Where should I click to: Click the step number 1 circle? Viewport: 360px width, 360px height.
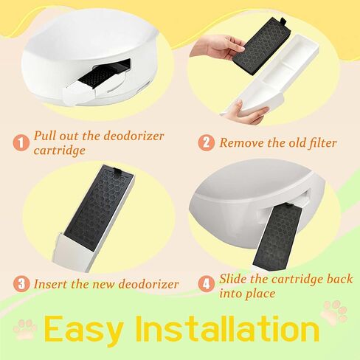(21, 142)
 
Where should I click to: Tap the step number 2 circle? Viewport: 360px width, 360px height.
(206, 142)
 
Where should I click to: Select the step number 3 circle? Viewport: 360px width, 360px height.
(21, 283)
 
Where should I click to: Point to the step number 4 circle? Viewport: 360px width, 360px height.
(206, 284)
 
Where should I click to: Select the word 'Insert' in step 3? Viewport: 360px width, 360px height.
(50, 284)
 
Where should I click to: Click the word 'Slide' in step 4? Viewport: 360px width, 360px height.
(233, 279)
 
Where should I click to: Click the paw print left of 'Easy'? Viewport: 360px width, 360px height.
(25, 330)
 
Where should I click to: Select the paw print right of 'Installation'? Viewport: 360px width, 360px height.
(334, 311)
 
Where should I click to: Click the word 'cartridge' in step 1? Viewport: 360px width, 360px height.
(59, 150)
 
